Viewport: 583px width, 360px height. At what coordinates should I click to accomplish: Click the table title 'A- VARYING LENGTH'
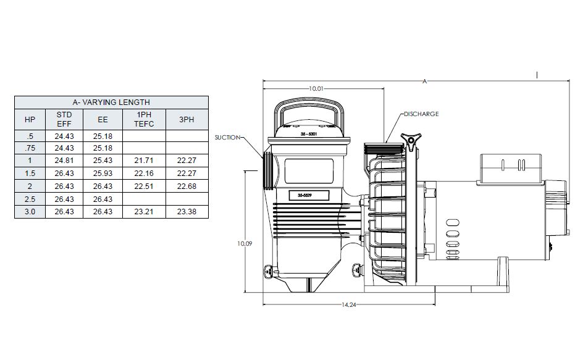pyautogui.click(x=111, y=102)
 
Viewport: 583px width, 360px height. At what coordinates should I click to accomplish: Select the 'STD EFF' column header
pyautogui.click(x=64, y=119)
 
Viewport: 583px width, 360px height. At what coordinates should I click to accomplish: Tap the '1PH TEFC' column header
pyautogui.click(x=145, y=119)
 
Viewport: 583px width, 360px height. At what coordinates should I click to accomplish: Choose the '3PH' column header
pyautogui.click(x=187, y=119)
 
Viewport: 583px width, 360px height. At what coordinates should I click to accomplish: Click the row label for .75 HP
pyautogui.click(x=30, y=148)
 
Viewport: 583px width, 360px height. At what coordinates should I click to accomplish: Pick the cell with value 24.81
pyautogui.click(x=64, y=161)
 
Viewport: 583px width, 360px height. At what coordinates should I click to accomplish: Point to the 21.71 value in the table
pyautogui.click(x=145, y=161)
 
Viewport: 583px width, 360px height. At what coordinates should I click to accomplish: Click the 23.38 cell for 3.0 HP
pyautogui.click(x=187, y=211)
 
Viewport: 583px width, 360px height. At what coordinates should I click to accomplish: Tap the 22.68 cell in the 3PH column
pyautogui.click(x=187, y=186)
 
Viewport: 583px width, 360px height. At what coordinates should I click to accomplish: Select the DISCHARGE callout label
pyautogui.click(x=422, y=114)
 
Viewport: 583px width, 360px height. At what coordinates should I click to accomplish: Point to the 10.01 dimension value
pyautogui.click(x=316, y=89)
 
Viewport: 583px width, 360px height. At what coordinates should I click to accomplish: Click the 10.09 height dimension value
pyautogui.click(x=245, y=244)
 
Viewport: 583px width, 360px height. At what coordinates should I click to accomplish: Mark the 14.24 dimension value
pyautogui.click(x=348, y=304)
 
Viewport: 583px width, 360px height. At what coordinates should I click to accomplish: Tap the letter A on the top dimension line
pyautogui.click(x=424, y=81)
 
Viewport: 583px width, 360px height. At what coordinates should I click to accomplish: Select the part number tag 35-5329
pyautogui.click(x=308, y=196)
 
